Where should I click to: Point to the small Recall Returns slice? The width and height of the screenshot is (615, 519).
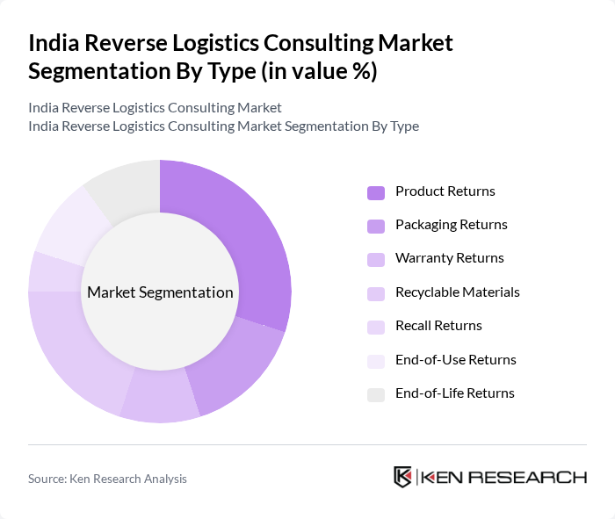coord(44,270)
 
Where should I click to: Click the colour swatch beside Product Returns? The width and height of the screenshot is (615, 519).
coord(376,192)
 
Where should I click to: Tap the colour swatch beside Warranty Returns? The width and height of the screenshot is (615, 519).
coord(376,259)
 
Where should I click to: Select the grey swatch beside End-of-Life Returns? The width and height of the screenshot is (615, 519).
coord(376,394)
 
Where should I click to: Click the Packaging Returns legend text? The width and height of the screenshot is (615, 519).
coord(451,225)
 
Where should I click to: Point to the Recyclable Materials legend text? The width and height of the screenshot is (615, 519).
coord(457,292)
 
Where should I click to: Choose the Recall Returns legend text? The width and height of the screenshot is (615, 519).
coord(438,326)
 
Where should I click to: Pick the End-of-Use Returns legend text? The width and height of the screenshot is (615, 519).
coord(455,360)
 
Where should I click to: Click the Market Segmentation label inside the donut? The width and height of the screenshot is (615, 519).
coord(159,292)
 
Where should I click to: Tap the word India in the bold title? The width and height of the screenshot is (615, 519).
coord(51,43)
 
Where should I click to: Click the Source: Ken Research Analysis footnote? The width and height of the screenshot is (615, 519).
coord(107,479)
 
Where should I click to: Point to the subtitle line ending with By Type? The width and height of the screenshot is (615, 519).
coord(223,126)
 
